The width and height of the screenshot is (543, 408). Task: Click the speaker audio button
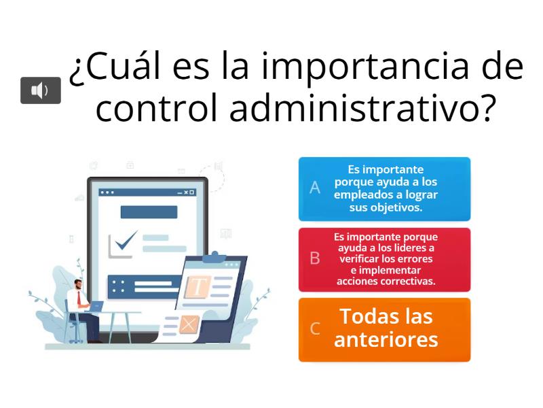(x=41, y=90)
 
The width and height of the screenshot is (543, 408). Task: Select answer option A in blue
(x=384, y=188)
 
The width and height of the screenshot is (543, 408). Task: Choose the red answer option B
(x=384, y=259)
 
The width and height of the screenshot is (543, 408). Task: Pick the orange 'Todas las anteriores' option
(x=384, y=329)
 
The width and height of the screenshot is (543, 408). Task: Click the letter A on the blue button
(x=315, y=188)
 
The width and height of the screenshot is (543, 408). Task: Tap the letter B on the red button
(x=315, y=258)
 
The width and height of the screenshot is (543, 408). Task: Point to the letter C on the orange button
(x=315, y=329)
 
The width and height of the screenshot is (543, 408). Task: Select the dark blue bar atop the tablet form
(x=149, y=211)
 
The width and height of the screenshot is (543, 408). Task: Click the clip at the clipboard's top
(x=215, y=256)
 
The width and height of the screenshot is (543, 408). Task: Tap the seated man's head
(x=78, y=283)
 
